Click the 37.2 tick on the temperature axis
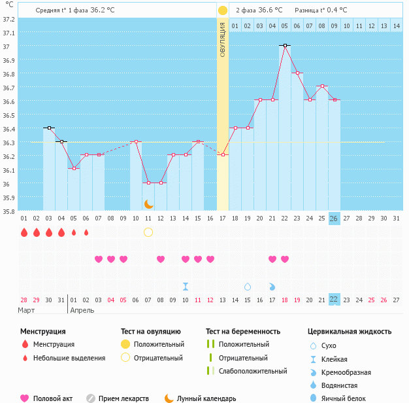(8, 19)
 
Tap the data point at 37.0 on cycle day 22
(285, 45)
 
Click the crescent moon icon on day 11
(148, 204)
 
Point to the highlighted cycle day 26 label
(335, 219)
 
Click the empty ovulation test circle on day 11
(148, 232)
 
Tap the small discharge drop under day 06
(86, 232)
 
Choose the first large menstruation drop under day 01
(24, 232)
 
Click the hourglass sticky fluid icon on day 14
(186, 287)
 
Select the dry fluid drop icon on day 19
(248, 287)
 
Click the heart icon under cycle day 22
(285, 259)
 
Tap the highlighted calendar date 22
(334, 300)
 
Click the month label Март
(26, 311)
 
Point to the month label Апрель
(82, 311)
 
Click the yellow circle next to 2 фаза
(222, 10)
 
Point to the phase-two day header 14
(396, 26)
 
